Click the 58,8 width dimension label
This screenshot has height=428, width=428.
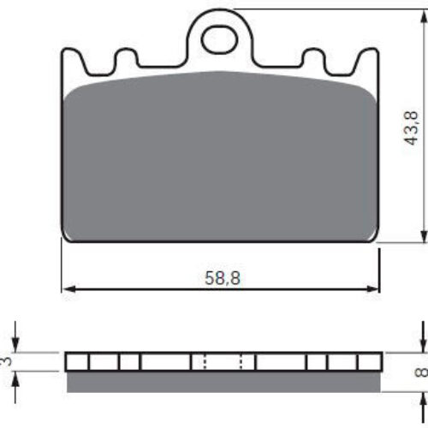(x=223, y=278)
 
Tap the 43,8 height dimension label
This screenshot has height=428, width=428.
(x=412, y=128)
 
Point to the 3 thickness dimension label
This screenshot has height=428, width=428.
(x=7, y=361)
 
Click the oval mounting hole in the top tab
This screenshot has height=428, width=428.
(x=219, y=39)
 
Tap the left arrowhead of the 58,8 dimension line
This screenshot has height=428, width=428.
(x=68, y=288)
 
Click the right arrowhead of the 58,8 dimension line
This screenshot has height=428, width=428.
(x=372, y=288)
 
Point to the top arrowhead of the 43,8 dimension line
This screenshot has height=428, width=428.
(x=422, y=16)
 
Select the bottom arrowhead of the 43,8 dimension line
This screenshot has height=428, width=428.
(x=422, y=235)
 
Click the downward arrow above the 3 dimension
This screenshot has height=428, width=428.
(x=15, y=337)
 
